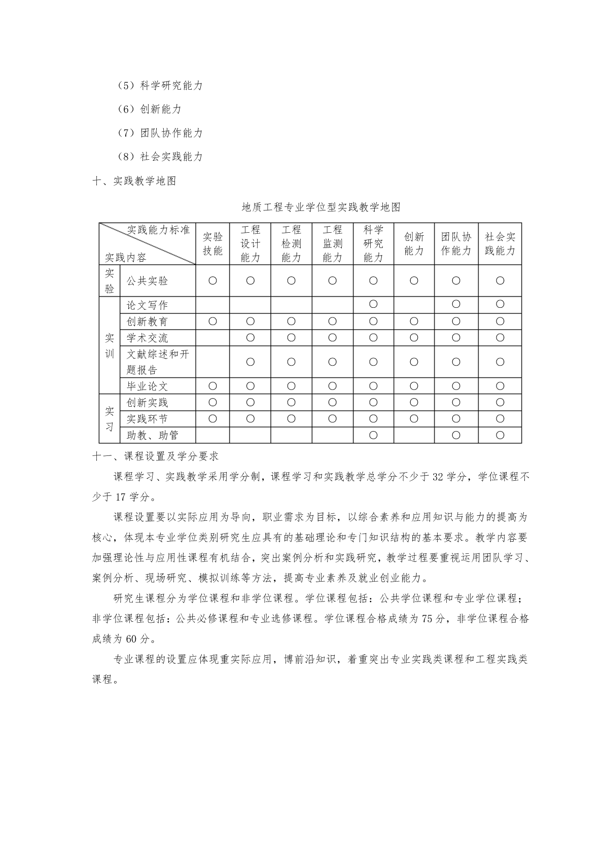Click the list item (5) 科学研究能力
tap(160, 86)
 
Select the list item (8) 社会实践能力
tap(160, 157)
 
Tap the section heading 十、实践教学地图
tap(134, 181)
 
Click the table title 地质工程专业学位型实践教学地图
tap(321, 207)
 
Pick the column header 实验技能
tap(212, 244)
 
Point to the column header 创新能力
tap(414, 244)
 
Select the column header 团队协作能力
tap(456, 244)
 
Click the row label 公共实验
tap(147, 281)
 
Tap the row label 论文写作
tap(147, 305)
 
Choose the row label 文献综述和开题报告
tap(158, 362)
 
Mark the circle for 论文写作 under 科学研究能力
tap(373, 304)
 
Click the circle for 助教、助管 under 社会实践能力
tap(500, 435)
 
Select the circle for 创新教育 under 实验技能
tap(212, 322)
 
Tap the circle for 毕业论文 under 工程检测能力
tap(291, 386)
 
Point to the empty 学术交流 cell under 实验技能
tap(212, 338)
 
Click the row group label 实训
tap(110, 345)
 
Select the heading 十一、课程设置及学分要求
tap(156, 456)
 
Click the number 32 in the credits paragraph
tap(439, 477)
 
